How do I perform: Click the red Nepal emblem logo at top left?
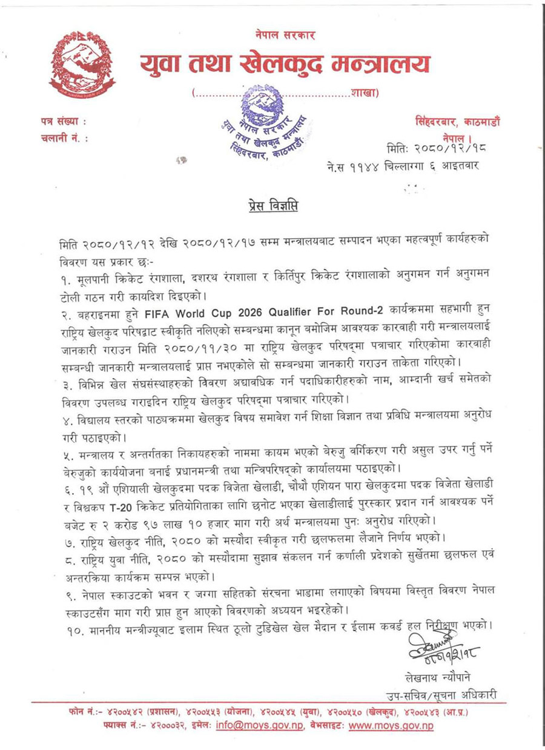82,65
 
